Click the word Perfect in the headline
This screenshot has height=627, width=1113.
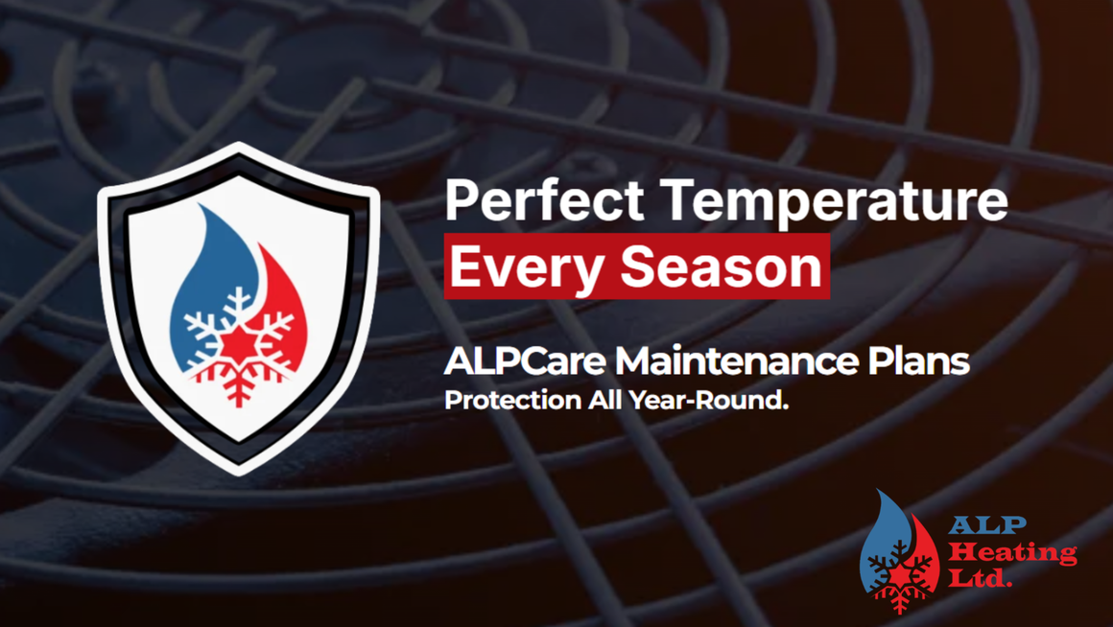click(x=544, y=200)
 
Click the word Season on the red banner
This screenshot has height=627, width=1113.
click(x=722, y=266)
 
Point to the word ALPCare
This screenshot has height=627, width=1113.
click(x=525, y=360)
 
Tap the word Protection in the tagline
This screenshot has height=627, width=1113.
click(x=512, y=400)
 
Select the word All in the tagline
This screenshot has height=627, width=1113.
click(x=604, y=400)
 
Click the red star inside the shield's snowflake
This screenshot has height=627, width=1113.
click(x=238, y=344)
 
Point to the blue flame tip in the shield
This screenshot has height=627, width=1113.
click(x=201, y=207)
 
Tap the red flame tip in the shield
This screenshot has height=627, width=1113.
click(x=261, y=246)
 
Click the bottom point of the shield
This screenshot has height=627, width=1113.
click(x=239, y=473)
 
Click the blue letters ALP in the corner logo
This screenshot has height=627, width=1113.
click(x=987, y=525)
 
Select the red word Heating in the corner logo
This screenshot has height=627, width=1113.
click(x=1013, y=552)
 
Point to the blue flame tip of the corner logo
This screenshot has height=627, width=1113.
click(x=880, y=493)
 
